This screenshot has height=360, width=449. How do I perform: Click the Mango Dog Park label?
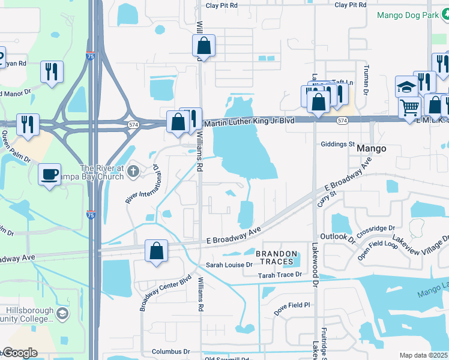[408, 15]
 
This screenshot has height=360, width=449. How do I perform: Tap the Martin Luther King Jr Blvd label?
[249, 121]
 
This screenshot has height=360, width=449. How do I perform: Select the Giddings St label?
[338, 144]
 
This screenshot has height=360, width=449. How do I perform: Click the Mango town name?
[371, 148]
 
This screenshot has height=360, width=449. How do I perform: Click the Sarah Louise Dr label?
[229, 265]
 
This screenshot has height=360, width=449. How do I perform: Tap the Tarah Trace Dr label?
[279, 275]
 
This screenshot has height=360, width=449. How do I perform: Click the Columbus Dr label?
[170, 352]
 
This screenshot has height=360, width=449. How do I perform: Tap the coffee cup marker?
[50, 174]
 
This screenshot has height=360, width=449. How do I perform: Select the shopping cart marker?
[409, 108]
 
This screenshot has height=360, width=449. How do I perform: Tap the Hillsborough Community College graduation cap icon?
[62, 313]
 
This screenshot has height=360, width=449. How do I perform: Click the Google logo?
[20, 353]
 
